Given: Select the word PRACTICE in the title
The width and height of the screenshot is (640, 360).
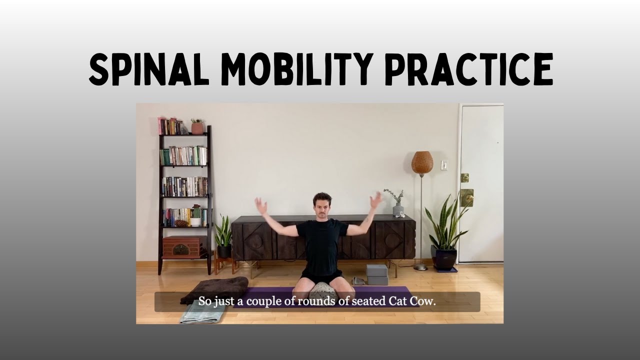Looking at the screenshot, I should coord(469,70).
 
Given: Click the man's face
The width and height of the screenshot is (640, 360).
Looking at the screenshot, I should coord(322,205).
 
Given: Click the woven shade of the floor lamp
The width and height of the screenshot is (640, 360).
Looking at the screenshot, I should coord(422,162).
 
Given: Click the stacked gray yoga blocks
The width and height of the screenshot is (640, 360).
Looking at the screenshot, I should coord(377,275).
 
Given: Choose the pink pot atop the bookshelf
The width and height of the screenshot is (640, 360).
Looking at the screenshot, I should coord(197,128).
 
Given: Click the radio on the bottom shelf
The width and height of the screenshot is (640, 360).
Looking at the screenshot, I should coord(181,246).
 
